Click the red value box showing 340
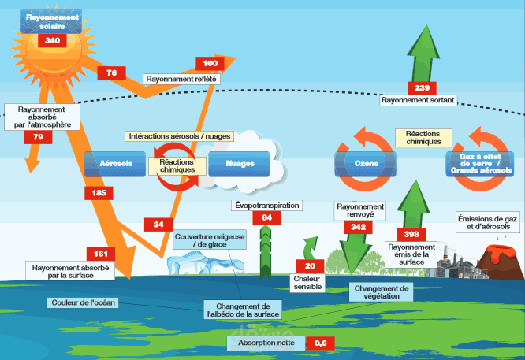53,40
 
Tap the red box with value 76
112,73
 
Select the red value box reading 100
210,63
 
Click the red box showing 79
38,137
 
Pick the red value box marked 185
99,193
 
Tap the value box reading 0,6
321,343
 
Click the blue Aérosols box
115,164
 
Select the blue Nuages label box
240,164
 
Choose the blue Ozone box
364,164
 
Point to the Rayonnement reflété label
181,79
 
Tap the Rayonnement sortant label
418,101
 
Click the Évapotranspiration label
267,205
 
